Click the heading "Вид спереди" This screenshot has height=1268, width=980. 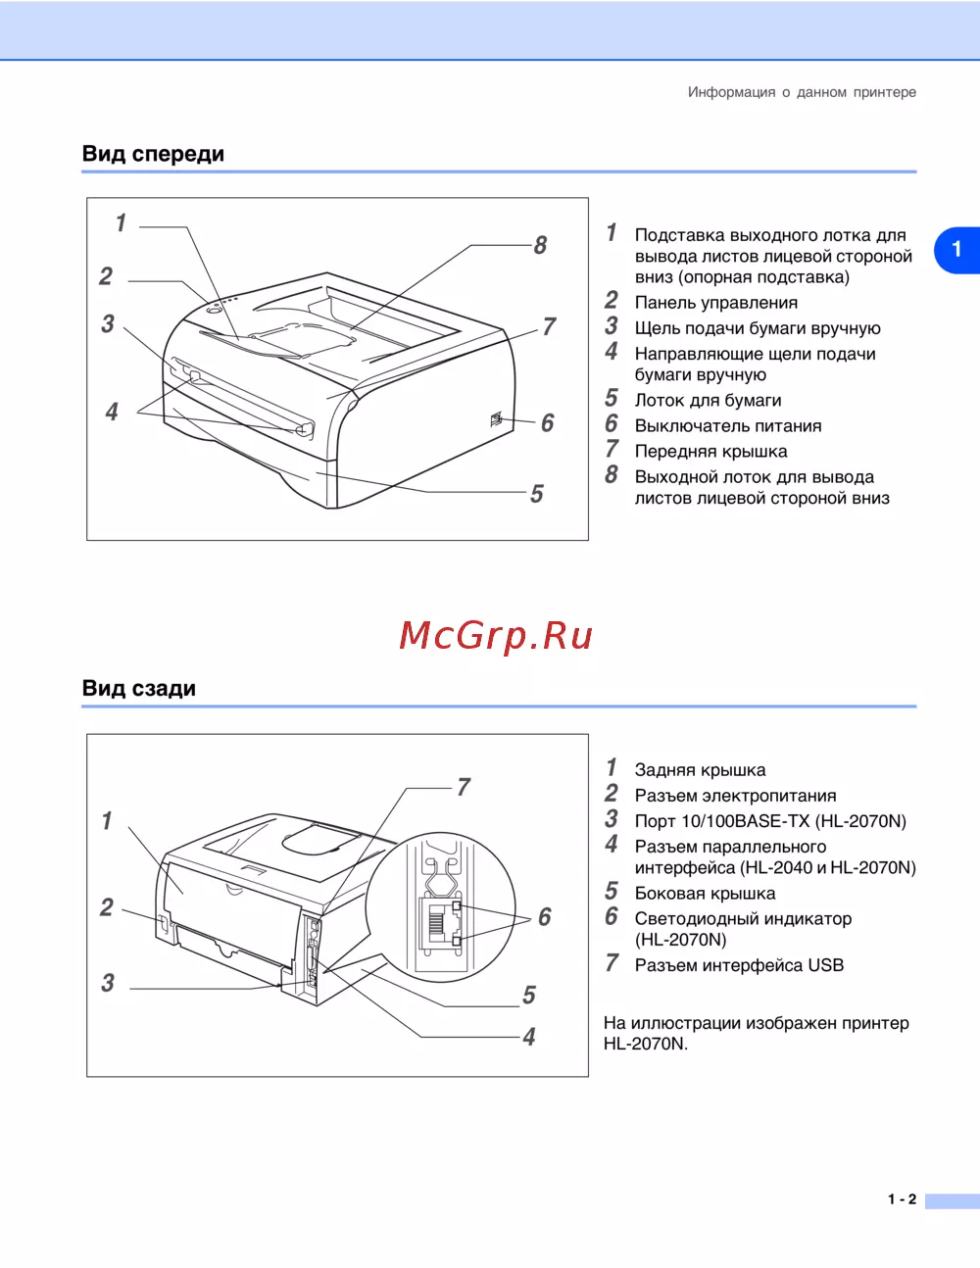[153, 154]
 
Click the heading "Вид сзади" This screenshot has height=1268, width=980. [138, 688]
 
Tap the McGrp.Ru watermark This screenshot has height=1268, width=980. [496, 636]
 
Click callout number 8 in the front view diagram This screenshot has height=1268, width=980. [540, 245]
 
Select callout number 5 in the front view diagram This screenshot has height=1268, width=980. [536, 494]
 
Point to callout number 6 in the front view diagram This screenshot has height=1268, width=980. [547, 422]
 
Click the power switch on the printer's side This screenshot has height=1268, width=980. [496, 419]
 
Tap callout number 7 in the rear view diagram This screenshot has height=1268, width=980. [464, 787]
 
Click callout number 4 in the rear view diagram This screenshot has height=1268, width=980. [529, 1037]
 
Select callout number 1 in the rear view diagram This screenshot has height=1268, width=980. [107, 820]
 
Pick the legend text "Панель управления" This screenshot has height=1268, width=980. [715, 303]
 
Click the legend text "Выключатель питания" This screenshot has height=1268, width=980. [727, 426]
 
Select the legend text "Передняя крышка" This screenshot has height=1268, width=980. [710, 452]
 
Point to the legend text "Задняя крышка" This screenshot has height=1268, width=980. [700, 770]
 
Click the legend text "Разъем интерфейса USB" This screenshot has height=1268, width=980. [738, 965]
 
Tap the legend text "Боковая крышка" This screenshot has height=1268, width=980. [705, 894]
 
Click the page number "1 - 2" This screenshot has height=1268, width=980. [902, 1199]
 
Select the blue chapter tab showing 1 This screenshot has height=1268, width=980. [956, 249]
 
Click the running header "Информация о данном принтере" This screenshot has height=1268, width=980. [802, 92]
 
